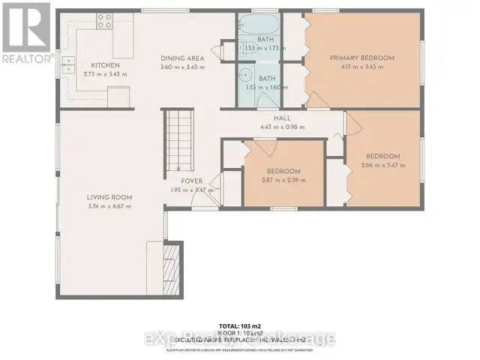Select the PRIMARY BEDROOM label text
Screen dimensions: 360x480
tap(361, 58)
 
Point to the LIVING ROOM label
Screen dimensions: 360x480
tap(110, 197)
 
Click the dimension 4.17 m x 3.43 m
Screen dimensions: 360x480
tap(361, 67)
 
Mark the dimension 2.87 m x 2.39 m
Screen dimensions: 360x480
tap(283, 180)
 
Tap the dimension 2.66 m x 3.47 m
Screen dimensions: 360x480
tap(382, 165)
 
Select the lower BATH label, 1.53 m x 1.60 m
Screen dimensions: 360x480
tap(266, 82)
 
